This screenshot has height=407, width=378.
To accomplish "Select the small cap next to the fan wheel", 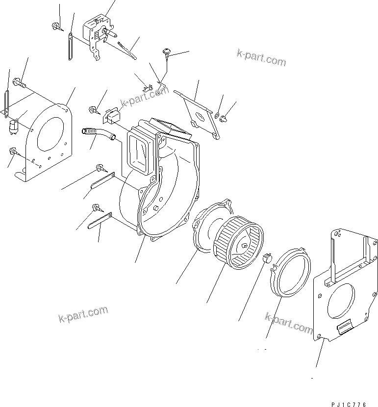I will [267, 258].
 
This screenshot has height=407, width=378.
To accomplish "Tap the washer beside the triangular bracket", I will [216, 115].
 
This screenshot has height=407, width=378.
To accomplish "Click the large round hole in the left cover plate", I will [51, 132].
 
